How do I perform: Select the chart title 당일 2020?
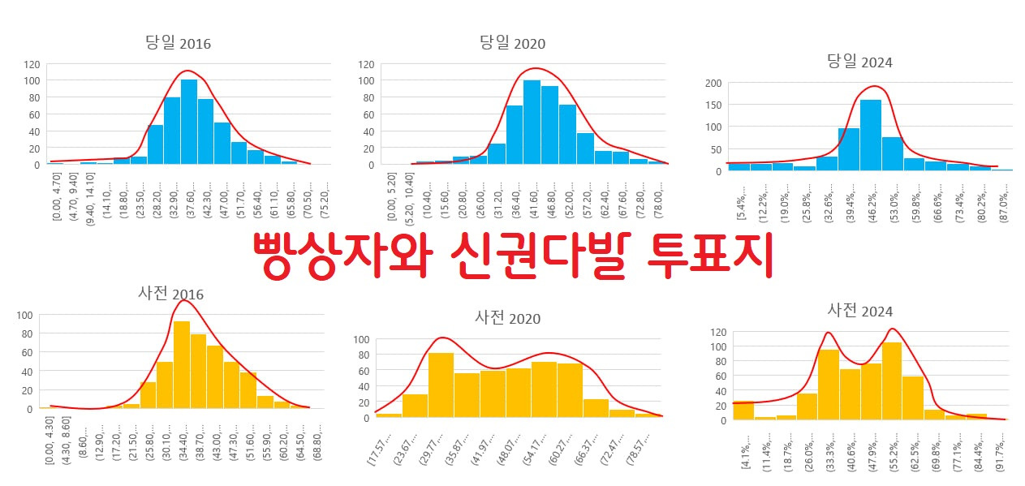pyautogui.click(x=512, y=43)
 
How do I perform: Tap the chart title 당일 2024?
pyautogui.click(x=859, y=62)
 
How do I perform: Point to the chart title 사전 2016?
pyautogui.click(x=170, y=293)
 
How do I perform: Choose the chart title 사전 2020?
pyautogui.click(x=508, y=318)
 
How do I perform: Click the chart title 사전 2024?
pyautogui.click(x=859, y=311)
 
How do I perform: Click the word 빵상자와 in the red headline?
pyautogui.click(x=338, y=256)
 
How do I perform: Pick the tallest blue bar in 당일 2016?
pyautogui.click(x=189, y=122)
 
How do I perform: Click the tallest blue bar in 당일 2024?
pyautogui.click(x=870, y=135)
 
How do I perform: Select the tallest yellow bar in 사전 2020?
pyautogui.click(x=441, y=385)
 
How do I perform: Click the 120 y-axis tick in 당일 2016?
pyautogui.click(x=31, y=64)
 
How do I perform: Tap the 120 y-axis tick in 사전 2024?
pyautogui.click(x=718, y=333)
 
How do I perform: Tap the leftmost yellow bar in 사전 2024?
pyautogui.click(x=743, y=411)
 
